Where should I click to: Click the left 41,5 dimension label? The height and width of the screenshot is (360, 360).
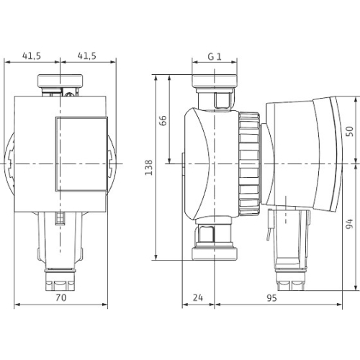pos(32,56)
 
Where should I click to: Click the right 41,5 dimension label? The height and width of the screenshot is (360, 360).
pos(87,56)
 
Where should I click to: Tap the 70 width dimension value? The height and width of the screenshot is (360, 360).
pos(61,297)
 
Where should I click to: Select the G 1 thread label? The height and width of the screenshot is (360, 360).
pos(215,57)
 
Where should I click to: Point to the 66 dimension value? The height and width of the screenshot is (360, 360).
pos(163,120)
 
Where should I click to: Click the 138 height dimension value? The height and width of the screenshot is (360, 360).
pos(149,167)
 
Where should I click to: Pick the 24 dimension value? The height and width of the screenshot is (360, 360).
pos(198,297)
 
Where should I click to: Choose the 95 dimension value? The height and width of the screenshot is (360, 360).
pos(271,298)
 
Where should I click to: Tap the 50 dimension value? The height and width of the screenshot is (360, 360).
pos(350,131)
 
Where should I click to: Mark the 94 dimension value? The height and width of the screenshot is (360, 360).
pos(350,224)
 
